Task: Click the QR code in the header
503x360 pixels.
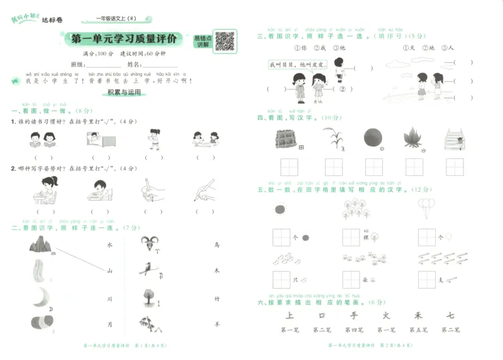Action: (x=224, y=41)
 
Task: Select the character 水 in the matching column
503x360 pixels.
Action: (x=109, y=244)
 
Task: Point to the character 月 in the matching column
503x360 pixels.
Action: (x=109, y=324)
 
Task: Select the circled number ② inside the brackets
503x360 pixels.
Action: (x=343, y=89)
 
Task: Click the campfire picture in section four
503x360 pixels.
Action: (x=414, y=138)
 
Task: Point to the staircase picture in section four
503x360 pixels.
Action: (x=455, y=138)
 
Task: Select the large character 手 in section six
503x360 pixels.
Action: (x=354, y=315)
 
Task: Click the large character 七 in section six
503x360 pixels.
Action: (x=450, y=315)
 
